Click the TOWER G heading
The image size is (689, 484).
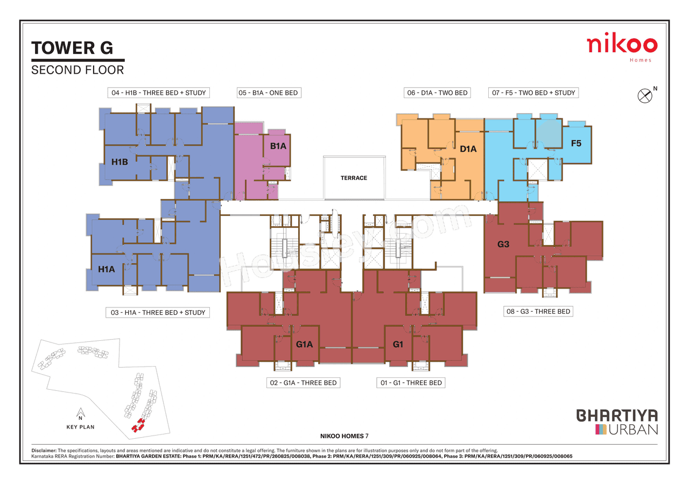[x=72, y=48]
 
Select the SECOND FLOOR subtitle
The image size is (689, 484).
[x=78, y=70]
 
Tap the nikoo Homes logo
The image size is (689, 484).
[x=622, y=47]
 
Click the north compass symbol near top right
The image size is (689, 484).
[x=645, y=95]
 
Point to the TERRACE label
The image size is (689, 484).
[x=354, y=178]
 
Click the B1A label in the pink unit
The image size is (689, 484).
[x=278, y=146]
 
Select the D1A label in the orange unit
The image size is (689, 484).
[x=468, y=149]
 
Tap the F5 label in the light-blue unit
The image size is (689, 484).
[x=576, y=144]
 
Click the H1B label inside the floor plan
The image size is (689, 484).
[x=119, y=162]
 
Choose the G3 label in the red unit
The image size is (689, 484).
[x=503, y=244]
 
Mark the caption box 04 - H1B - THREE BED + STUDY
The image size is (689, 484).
[x=159, y=93]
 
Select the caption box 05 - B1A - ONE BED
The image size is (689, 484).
[x=268, y=93]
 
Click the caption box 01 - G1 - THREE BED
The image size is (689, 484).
[x=410, y=383]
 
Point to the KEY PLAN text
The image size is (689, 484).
[x=80, y=427]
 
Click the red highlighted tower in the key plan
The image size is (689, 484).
[x=139, y=425]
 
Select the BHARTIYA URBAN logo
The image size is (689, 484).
[x=617, y=422]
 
